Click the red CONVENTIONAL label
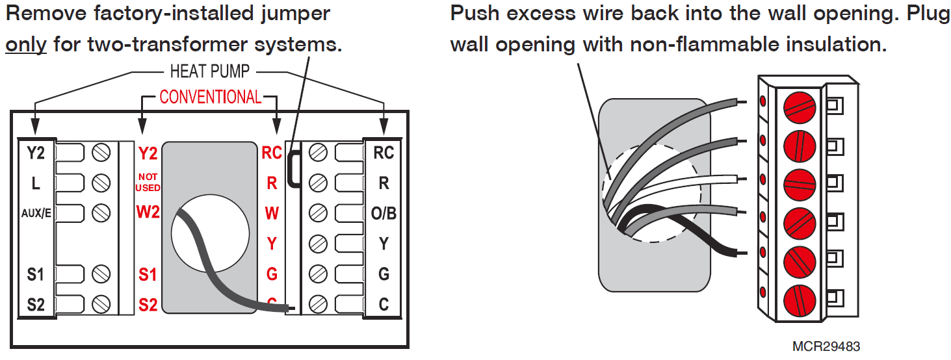pyautogui.click(x=210, y=97)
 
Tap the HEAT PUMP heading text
pyautogui.click(x=209, y=70)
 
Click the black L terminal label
pyautogui.click(x=36, y=183)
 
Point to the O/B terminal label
pyautogui.click(x=384, y=213)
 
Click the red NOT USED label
pyautogui.click(x=148, y=182)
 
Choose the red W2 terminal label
pyautogui.click(x=148, y=212)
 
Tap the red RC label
pyautogui.click(x=272, y=153)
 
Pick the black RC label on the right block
pyautogui.click(x=384, y=153)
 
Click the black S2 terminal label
pyautogui.click(x=36, y=303)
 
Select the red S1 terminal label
pyautogui.click(x=148, y=274)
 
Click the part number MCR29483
pyautogui.click(x=825, y=346)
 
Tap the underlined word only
pyautogui.click(x=26, y=45)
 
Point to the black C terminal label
pyautogui.click(x=384, y=303)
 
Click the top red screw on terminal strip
pyautogui.click(x=799, y=106)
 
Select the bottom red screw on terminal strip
pyautogui.click(x=799, y=301)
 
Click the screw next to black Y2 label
pyautogui.click(x=100, y=153)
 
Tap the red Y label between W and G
pyautogui.click(x=272, y=244)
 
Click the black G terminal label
pyautogui.click(x=384, y=274)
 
